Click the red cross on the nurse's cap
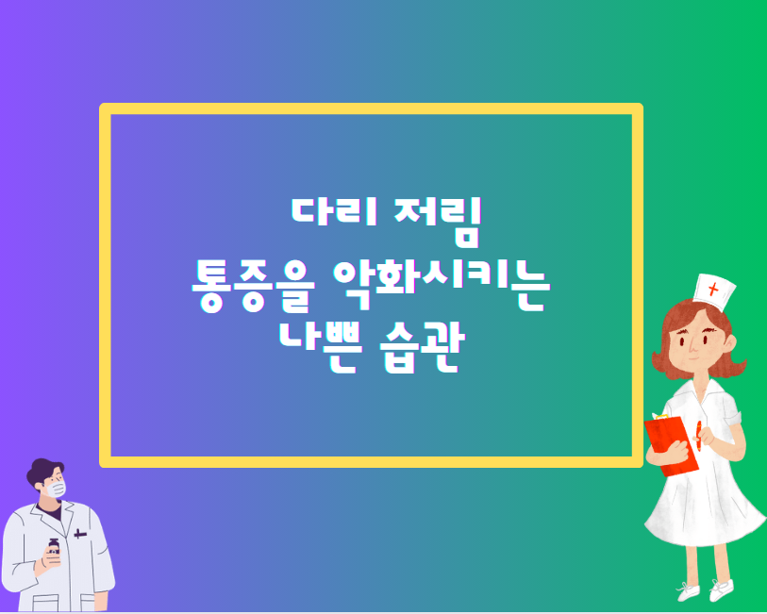click(713, 289)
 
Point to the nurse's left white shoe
click(689, 591)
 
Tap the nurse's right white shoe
click(721, 589)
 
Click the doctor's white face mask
click(58, 489)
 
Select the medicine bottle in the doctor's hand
click(53, 551)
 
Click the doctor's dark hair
click(45, 471)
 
